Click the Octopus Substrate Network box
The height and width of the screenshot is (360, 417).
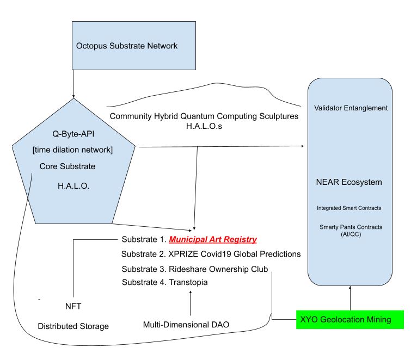[126, 46]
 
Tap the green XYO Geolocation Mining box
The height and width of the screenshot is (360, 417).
[349, 320]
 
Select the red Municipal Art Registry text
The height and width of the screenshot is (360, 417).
[213, 239]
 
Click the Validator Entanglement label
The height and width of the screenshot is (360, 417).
[351, 108]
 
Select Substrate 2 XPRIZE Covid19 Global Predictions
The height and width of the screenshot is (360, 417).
[211, 254]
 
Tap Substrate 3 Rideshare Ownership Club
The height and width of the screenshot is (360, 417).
[195, 269]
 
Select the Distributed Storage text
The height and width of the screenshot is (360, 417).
[73, 326]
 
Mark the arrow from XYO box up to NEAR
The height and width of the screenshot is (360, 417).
[350, 297]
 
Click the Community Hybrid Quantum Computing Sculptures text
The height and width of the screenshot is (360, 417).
[204, 117]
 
